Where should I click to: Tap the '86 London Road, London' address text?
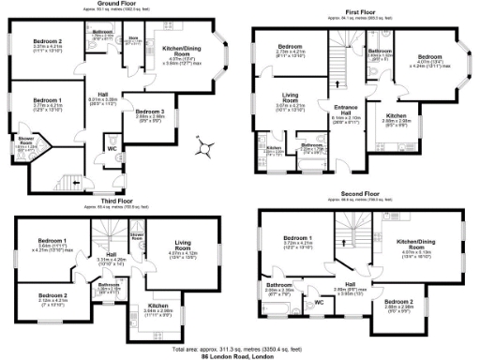coord(240,356)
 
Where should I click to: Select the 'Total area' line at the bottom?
coord(240,348)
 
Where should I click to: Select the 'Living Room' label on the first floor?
coord(288,96)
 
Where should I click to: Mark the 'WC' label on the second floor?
coord(318,302)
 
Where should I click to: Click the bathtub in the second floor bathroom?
coord(277,309)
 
